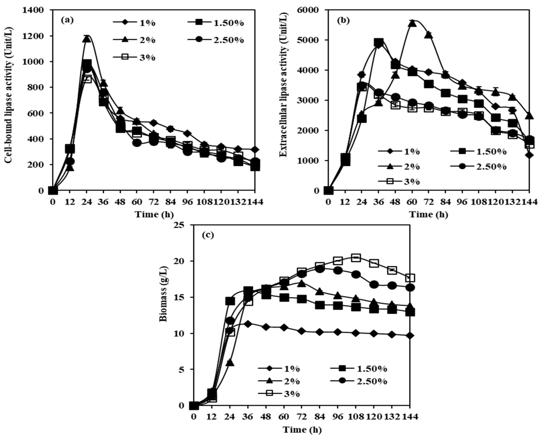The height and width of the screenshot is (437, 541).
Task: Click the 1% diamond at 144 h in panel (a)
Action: coord(255,149)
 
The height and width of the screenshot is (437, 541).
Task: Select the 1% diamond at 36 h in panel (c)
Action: coord(248,324)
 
